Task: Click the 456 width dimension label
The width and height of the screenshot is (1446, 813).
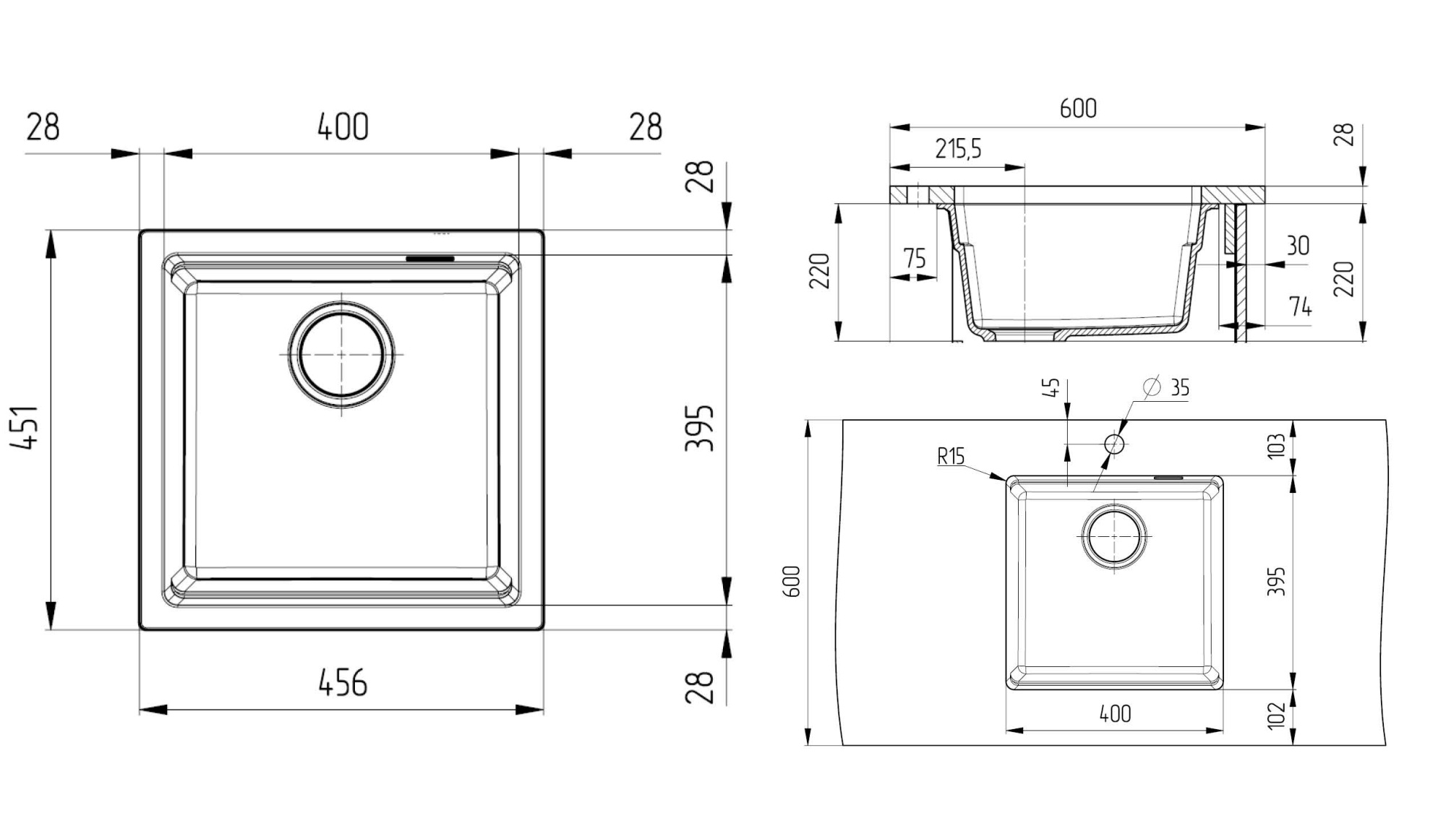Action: [343, 683]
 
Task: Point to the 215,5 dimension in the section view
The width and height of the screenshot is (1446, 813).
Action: [958, 149]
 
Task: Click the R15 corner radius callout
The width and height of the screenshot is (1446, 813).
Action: [951, 457]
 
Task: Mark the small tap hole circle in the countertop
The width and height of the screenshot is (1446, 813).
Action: [1114, 444]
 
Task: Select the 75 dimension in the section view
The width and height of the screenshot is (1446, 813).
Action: [914, 258]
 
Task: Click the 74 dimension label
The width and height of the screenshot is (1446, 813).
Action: [1300, 307]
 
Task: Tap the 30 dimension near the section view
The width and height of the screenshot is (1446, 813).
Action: [1298, 246]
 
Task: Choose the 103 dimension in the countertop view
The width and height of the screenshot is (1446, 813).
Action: [1277, 445]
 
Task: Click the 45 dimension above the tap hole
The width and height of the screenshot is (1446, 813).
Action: [1053, 387]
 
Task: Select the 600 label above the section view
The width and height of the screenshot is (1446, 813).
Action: [1078, 108]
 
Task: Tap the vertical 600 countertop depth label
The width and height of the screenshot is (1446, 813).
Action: [792, 581]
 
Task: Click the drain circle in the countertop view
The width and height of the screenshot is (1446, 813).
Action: [1114, 537]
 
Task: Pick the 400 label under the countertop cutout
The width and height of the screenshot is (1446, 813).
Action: [1115, 714]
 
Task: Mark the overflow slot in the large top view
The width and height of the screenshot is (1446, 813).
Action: [430, 258]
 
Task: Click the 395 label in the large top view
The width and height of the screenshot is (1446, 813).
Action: [700, 428]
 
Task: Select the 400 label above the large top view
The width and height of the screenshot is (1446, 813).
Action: [343, 127]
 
